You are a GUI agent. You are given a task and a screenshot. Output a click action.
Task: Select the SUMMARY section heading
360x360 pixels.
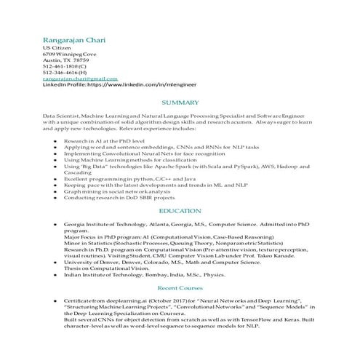tap(180, 103)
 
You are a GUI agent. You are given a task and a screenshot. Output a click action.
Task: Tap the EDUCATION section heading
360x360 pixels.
tap(180, 211)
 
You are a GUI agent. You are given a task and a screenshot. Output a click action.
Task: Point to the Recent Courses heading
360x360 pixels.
tap(180, 288)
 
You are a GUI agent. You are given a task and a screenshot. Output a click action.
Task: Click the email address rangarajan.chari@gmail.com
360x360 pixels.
tap(80, 79)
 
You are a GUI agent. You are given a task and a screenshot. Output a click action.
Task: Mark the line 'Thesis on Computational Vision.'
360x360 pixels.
tap(97, 269)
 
